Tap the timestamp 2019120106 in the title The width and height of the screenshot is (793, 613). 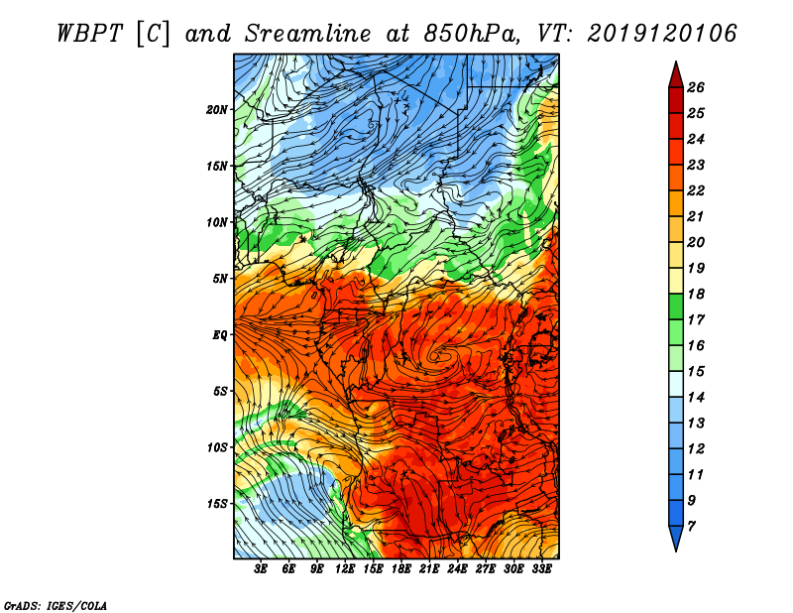pyautogui.click(x=661, y=33)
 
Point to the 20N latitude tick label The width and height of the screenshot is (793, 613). pyautogui.click(x=217, y=109)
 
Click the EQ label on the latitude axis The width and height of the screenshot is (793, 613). pyautogui.click(x=220, y=335)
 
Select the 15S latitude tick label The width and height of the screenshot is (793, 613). pyautogui.click(x=217, y=504)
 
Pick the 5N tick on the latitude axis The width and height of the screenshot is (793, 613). pyautogui.click(x=220, y=279)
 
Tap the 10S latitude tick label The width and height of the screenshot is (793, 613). pyautogui.click(x=217, y=447)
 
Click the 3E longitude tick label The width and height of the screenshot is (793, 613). pyautogui.click(x=262, y=569)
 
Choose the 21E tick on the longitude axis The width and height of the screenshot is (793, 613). pyautogui.click(x=429, y=569)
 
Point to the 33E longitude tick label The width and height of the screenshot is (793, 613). pyautogui.click(x=541, y=569)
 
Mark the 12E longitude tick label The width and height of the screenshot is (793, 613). pyautogui.click(x=346, y=569)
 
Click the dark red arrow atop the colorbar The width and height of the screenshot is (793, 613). pyautogui.click(x=675, y=74)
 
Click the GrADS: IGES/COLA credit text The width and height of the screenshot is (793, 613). pyautogui.click(x=55, y=604)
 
